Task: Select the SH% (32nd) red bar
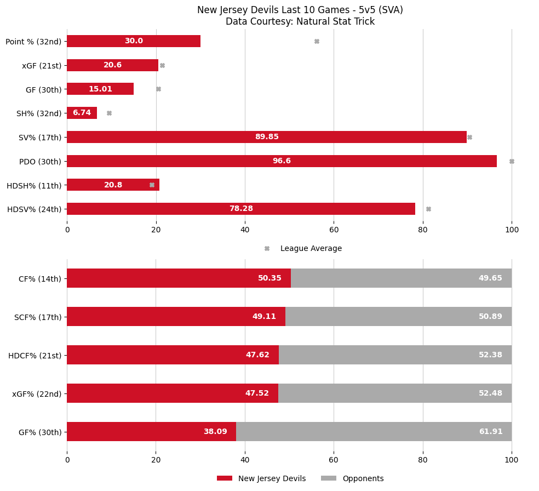click(x=82, y=113)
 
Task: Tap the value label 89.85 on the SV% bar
click(x=267, y=137)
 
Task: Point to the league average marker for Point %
click(x=317, y=41)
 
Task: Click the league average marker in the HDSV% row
click(x=428, y=209)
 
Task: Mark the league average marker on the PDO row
click(x=512, y=161)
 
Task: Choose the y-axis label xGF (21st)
click(x=42, y=65)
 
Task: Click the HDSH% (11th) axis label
click(x=34, y=185)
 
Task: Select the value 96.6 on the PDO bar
click(x=282, y=161)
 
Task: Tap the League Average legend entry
click(x=311, y=249)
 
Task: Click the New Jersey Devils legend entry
click(x=272, y=478)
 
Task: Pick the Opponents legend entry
click(x=363, y=478)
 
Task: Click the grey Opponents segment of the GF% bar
click(x=374, y=432)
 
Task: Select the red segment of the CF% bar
click(x=179, y=278)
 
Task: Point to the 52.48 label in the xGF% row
click(x=490, y=393)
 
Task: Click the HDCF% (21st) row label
click(x=35, y=355)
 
